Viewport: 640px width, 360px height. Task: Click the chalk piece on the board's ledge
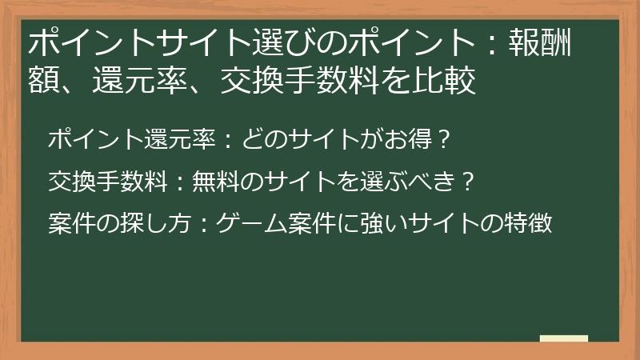(564, 338)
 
